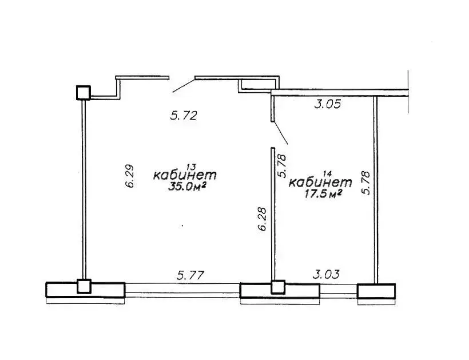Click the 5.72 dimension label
click(x=184, y=116)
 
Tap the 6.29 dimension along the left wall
click(x=130, y=176)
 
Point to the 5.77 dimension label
click(x=190, y=275)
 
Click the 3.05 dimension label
click(x=328, y=104)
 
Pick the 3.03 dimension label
click(x=326, y=274)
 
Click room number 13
click(x=190, y=167)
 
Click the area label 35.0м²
click(x=187, y=187)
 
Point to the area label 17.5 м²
click(x=323, y=194)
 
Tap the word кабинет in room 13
click(x=185, y=175)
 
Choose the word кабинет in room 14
click(x=320, y=182)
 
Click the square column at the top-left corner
click(x=83, y=93)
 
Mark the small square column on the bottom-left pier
click(x=84, y=286)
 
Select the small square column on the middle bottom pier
click(x=278, y=287)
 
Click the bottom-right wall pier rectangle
click(x=376, y=291)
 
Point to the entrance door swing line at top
click(x=184, y=86)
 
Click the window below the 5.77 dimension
click(x=182, y=290)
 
